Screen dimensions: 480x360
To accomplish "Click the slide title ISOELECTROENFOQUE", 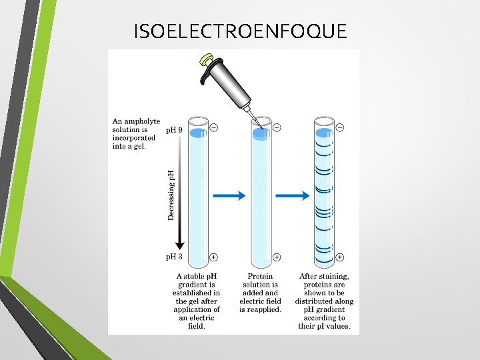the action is (x=240, y=31).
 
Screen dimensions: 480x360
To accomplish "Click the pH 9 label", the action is (x=173, y=130).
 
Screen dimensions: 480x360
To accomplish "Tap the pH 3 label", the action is (x=173, y=256).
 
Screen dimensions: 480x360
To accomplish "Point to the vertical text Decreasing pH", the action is (x=171, y=193).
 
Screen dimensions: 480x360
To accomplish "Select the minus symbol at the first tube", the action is (x=213, y=127).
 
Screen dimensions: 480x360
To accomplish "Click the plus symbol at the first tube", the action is (x=213, y=257).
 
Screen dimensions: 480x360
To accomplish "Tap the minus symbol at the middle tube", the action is (x=276, y=127).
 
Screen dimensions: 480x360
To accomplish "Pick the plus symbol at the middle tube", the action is (x=276, y=257).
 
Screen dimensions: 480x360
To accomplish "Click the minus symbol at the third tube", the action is (x=339, y=127).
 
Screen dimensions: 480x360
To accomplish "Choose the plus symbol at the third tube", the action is (x=339, y=257).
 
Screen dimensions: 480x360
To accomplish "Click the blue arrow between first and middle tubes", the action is (x=229, y=195).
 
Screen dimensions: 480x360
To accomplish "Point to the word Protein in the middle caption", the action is (x=260, y=276).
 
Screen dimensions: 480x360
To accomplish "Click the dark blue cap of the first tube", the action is (x=198, y=133).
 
